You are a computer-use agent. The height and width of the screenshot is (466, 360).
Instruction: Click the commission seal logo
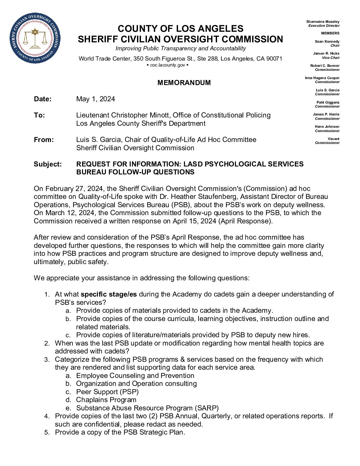click(35, 38)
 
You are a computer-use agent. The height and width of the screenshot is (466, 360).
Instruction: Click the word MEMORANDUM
click(184, 83)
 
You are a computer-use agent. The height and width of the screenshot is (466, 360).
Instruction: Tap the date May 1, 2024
click(96, 99)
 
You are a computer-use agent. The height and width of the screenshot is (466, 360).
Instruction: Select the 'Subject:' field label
click(48, 164)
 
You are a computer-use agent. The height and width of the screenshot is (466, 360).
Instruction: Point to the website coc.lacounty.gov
click(167, 65)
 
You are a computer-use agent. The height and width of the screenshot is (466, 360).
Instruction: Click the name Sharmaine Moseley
click(323, 22)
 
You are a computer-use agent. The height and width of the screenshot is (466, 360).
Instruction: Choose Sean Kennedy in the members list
click(327, 41)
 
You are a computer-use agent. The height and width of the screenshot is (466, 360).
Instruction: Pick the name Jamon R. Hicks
click(326, 53)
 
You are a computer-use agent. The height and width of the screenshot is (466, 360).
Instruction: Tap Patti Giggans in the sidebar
click(328, 102)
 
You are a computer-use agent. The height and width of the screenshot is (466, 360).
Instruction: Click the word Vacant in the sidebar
click(334, 139)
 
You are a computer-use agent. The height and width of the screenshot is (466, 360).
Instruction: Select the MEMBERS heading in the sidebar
click(330, 33)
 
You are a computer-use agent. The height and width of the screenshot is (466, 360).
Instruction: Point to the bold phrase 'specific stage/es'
click(109, 294)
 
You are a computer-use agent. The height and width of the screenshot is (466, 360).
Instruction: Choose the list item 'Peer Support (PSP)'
click(107, 392)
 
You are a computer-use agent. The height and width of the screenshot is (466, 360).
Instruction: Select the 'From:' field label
click(44, 140)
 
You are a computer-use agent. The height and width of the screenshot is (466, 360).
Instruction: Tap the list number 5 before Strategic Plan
click(47, 433)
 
